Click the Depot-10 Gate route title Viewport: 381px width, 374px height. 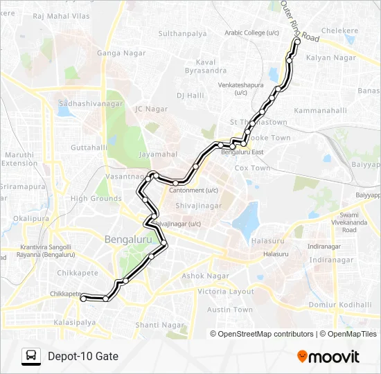[83, 357]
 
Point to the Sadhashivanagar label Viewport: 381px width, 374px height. [91, 104]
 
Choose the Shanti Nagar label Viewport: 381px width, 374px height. [159, 325]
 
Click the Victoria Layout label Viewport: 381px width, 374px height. [226, 292]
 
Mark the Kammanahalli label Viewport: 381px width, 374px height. [320, 111]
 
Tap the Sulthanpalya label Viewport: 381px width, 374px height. [183, 33]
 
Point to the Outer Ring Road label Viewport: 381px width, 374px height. [299, 21]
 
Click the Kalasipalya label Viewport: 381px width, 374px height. [75, 323]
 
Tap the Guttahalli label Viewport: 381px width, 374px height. [87, 148]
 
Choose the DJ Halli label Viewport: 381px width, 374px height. [188, 95]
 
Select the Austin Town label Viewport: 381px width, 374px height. [230, 310]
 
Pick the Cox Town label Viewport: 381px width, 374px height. [252, 168]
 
